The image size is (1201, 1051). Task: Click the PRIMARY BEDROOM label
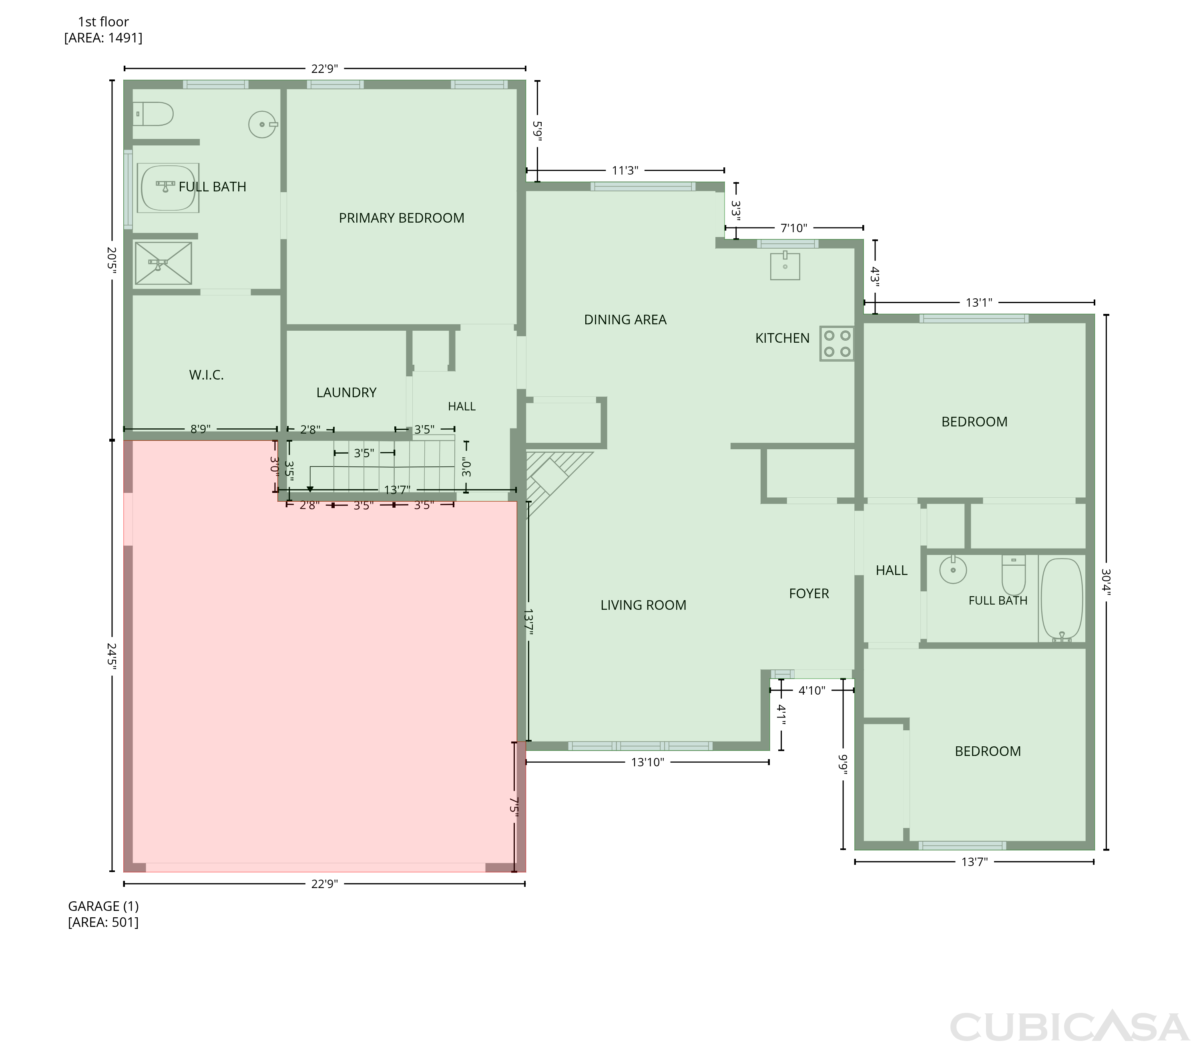[x=401, y=218]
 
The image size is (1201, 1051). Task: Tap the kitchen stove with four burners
[x=837, y=344]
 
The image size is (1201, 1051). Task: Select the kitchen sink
[x=785, y=266]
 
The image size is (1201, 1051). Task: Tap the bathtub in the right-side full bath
[x=1061, y=599]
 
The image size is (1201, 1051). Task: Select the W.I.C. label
[x=207, y=375]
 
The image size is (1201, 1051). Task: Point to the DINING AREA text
[x=625, y=320]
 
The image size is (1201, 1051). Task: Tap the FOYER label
[x=809, y=593]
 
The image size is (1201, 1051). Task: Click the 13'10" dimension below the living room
[x=647, y=762]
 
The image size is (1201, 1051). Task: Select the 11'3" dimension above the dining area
[x=625, y=171]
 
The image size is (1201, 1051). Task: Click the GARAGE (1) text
[x=103, y=906]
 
